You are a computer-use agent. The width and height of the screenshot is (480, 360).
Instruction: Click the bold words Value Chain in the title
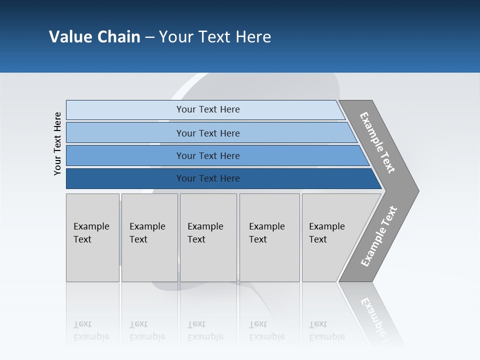click(x=94, y=37)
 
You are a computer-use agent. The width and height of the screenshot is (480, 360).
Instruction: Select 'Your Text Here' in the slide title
click(x=215, y=37)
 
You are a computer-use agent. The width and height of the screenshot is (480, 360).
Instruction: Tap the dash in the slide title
click(x=149, y=37)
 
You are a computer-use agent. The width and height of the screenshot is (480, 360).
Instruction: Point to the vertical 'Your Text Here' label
click(x=57, y=143)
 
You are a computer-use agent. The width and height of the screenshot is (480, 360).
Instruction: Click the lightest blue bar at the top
click(x=207, y=109)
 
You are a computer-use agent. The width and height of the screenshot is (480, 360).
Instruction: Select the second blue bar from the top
click(x=207, y=133)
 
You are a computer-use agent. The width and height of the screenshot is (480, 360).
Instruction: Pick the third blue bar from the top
click(x=207, y=155)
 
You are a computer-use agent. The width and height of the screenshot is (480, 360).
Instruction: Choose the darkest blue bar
click(x=207, y=178)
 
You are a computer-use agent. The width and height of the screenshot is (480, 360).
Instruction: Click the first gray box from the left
click(x=92, y=237)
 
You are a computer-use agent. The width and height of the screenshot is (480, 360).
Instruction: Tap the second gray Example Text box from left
click(x=149, y=237)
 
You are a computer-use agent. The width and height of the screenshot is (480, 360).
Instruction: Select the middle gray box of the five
click(x=207, y=237)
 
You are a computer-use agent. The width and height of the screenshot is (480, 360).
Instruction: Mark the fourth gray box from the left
click(x=269, y=237)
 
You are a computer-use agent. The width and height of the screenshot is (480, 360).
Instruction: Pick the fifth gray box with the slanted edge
click(x=330, y=237)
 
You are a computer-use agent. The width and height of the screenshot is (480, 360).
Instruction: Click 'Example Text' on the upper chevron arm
click(x=377, y=142)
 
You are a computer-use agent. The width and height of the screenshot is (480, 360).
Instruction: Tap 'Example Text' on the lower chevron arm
click(x=379, y=236)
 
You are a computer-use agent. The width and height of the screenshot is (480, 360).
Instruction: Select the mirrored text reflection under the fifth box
click(x=327, y=331)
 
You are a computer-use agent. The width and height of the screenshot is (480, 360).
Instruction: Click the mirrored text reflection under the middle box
click(x=205, y=331)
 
